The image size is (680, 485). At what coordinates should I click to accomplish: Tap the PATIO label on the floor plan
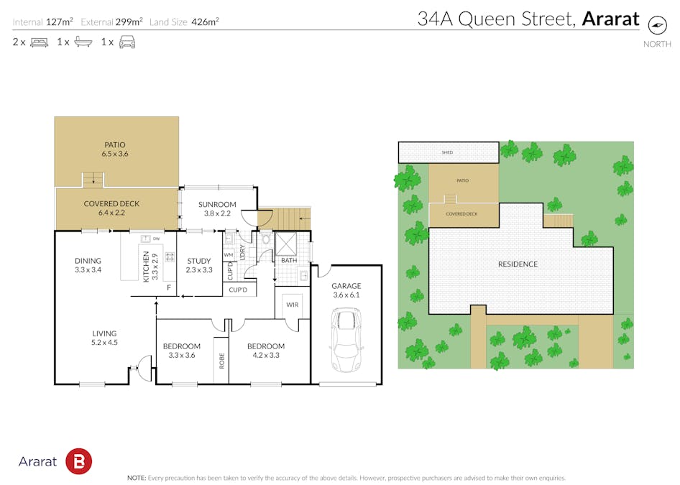tap(115, 145)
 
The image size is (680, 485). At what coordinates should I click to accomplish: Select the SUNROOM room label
tap(218, 205)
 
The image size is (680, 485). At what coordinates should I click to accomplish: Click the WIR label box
tap(293, 305)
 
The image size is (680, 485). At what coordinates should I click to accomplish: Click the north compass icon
tap(657, 24)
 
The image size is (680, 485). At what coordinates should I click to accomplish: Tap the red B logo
tap(78, 461)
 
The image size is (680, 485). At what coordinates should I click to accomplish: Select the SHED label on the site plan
tap(447, 152)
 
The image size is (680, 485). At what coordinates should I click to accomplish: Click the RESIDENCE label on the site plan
tap(518, 264)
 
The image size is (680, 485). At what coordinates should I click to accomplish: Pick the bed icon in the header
tap(39, 42)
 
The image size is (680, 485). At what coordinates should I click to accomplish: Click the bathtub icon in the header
tap(83, 42)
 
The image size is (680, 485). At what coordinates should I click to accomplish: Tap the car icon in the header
tap(127, 42)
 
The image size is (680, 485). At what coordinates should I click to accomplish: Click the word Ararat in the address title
tap(610, 19)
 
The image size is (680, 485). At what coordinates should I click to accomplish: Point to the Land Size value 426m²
tap(205, 22)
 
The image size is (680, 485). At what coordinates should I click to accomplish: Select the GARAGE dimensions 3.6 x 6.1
tap(346, 295)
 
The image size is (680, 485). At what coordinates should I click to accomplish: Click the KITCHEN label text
tap(146, 266)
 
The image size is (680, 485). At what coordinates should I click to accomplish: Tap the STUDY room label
tap(199, 261)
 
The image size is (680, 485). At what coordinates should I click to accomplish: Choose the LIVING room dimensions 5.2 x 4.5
tap(104, 343)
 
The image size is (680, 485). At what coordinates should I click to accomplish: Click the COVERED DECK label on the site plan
tap(461, 213)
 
